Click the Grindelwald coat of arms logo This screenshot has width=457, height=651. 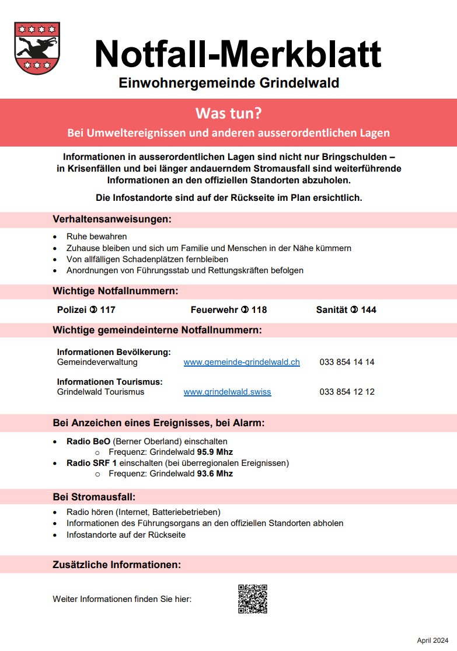pyautogui.click(x=37, y=48)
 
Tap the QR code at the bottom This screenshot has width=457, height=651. pyautogui.click(x=253, y=598)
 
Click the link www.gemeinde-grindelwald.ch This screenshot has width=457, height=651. pyautogui.click(x=242, y=362)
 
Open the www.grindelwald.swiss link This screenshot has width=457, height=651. pyautogui.click(x=227, y=392)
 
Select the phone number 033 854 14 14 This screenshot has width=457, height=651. pyautogui.click(x=347, y=362)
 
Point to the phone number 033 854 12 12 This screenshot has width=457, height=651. pyautogui.click(x=347, y=392)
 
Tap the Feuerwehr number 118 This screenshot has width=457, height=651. pyautogui.click(x=259, y=309)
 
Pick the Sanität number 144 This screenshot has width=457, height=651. pyautogui.click(x=368, y=309)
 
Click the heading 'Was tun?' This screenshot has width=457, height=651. pyautogui.click(x=228, y=113)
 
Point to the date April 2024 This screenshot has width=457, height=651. pyautogui.click(x=432, y=640)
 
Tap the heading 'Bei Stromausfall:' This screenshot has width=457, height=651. pyautogui.click(x=94, y=497)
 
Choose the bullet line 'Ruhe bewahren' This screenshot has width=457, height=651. pyautogui.click(x=96, y=237)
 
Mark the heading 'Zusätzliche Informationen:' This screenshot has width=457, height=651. pyautogui.click(x=117, y=565)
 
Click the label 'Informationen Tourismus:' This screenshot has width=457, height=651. pyautogui.click(x=110, y=382)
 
